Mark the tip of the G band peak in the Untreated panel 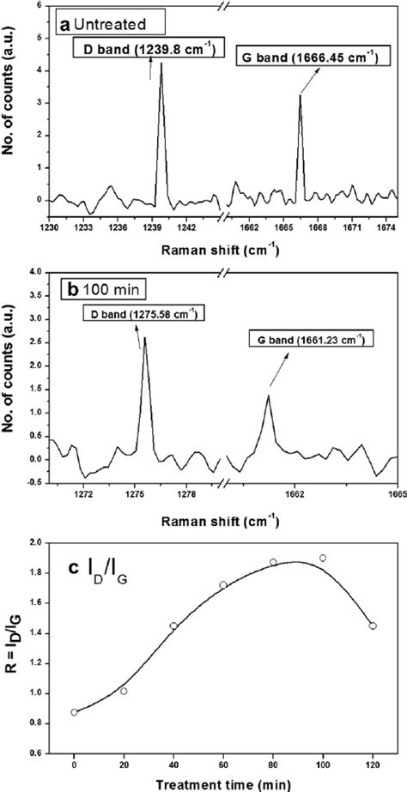coord(300,95)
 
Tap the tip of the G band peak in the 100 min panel coord(268,396)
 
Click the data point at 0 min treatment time coord(74,712)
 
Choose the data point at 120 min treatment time coord(373,626)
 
